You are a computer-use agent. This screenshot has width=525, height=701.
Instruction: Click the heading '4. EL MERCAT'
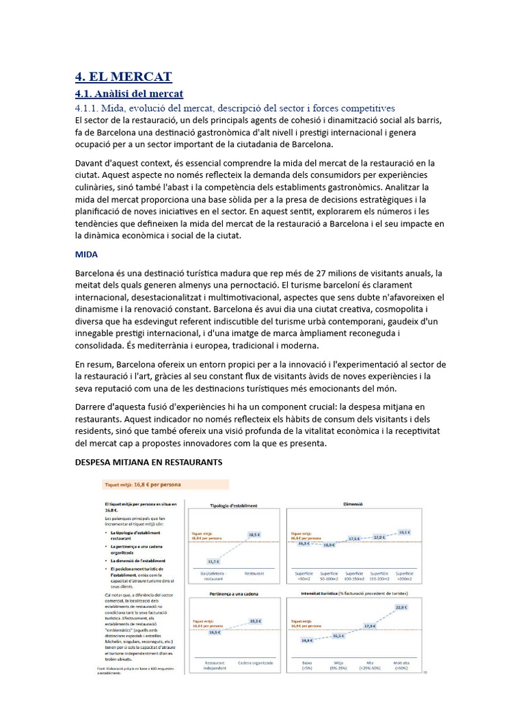click(x=123, y=76)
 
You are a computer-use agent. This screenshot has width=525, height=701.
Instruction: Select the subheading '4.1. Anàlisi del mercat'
click(x=129, y=93)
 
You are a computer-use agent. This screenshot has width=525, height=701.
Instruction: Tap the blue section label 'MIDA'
click(x=87, y=254)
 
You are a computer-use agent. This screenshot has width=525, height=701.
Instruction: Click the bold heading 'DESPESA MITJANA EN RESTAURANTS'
click(x=148, y=463)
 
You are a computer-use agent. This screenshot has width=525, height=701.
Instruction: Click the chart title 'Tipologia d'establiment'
click(x=234, y=506)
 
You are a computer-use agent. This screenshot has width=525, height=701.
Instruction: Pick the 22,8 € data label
click(x=401, y=607)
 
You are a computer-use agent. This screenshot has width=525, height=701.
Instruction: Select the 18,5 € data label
click(x=254, y=534)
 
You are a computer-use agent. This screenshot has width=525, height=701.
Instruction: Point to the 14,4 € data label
click(x=306, y=640)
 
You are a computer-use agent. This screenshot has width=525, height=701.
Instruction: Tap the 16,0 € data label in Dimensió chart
click(x=329, y=545)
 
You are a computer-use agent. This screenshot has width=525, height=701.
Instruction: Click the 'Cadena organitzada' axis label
click(x=256, y=663)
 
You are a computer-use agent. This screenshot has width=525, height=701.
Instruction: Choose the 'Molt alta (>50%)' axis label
click(x=403, y=665)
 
